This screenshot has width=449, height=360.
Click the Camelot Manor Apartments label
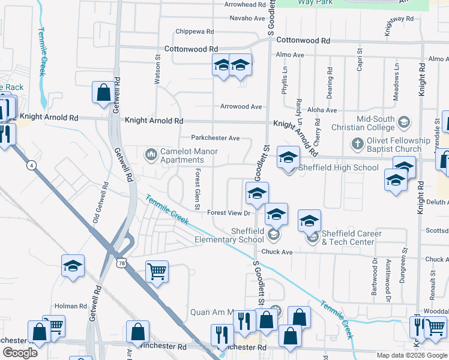pos(181,156)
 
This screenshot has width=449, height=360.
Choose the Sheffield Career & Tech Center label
pos(348,238)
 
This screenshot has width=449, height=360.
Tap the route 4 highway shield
pos(31,165)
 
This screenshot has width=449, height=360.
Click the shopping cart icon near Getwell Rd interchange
pos(157,271)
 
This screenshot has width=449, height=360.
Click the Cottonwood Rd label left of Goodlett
pos(191,49)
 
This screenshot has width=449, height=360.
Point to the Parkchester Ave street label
pos(215,138)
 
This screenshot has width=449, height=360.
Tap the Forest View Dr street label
pos(228,213)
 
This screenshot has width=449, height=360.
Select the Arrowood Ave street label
pos(241,107)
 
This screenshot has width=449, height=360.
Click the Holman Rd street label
pos(67,306)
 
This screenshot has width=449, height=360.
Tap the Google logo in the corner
pos(20,353)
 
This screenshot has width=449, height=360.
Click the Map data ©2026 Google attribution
pos(412,355)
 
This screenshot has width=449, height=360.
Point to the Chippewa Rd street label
pos(195,31)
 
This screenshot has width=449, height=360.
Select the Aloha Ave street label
pos(322,110)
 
